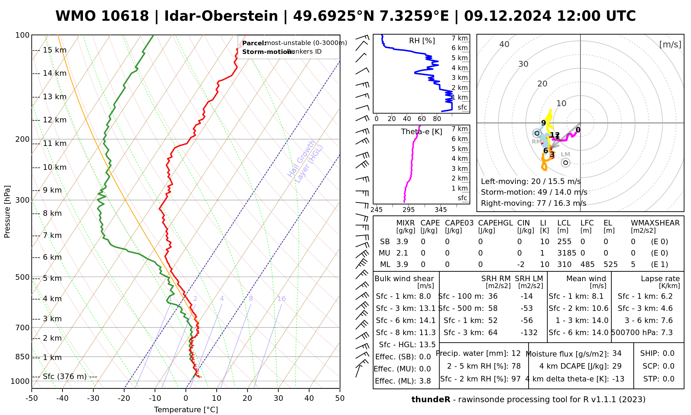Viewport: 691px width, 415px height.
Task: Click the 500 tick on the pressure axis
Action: pos(22,277)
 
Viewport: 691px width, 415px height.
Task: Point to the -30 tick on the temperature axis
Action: pos(93,398)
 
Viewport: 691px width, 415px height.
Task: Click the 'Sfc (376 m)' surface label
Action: pos(65,377)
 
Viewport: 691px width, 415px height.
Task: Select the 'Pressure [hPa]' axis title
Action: pos(7,212)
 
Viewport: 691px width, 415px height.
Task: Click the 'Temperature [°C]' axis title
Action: pos(186,410)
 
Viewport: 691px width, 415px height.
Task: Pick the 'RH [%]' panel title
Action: pos(422,41)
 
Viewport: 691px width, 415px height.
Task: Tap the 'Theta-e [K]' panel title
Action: pos(422,132)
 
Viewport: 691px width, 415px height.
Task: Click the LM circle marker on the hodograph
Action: pos(566,163)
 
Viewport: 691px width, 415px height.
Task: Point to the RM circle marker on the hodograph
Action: pos(537,133)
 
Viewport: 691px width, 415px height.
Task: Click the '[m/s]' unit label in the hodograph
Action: pos(670,44)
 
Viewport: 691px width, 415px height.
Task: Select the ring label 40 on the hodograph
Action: pos(504,44)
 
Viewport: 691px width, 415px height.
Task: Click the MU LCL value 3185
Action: pos(567,253)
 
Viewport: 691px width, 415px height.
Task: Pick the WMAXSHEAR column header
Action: pos(655,223)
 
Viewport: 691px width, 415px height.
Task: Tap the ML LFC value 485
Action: pos(587,265)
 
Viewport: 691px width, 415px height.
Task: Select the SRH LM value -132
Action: pos(529,333)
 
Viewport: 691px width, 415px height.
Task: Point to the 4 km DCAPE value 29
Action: pos(617,366)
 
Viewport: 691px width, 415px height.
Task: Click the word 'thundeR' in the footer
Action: pos(431,400)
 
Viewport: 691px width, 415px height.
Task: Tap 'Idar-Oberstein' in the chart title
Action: pos(221,16)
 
